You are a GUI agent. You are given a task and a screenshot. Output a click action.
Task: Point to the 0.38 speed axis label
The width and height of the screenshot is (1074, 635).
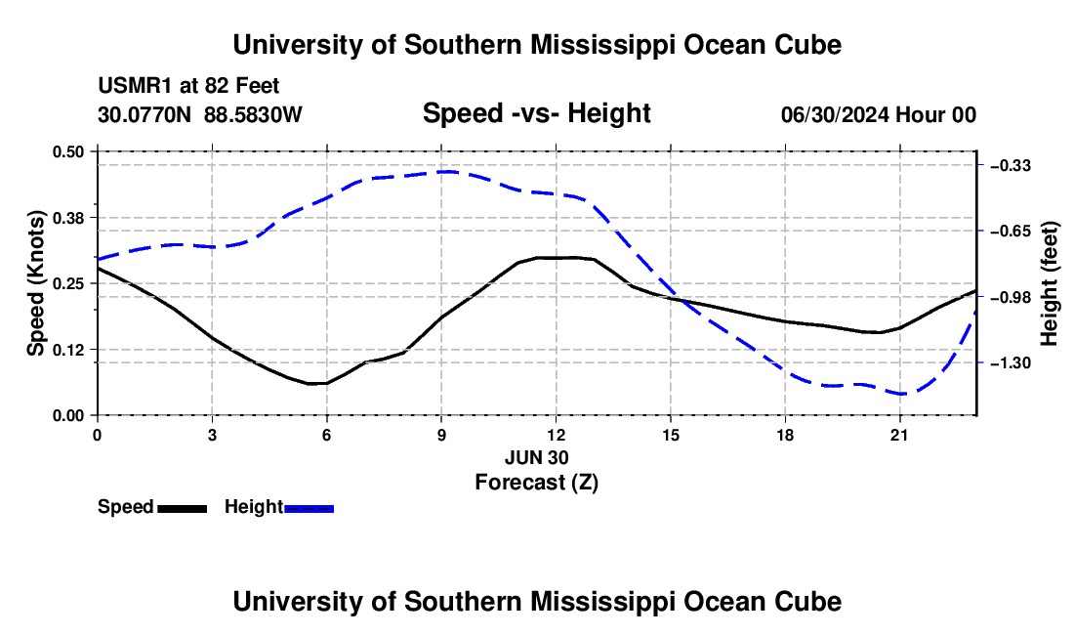click(x=67, y=218)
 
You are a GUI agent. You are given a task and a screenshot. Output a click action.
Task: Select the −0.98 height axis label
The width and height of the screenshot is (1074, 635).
click(x=1011, y=297)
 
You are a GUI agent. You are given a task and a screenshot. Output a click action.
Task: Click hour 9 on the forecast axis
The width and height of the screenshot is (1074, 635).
click(x=441, y=435)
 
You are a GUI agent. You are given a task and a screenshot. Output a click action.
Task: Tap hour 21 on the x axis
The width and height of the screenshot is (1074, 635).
click(x=899, y=435)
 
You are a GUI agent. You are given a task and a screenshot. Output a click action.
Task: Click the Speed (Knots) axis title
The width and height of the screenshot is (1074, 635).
click(x=35, y=283)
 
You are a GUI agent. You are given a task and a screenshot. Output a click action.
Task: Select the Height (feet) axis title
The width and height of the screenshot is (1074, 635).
click(x=1049, y=283)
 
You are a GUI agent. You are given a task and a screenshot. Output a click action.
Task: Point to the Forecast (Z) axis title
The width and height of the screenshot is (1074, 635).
click(x=536, y=483)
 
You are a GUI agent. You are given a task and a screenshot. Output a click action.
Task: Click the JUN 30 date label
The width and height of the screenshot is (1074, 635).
click(x=536, y=457)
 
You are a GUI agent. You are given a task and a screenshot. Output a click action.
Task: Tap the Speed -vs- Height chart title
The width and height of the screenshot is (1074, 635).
click(x=536, y=113)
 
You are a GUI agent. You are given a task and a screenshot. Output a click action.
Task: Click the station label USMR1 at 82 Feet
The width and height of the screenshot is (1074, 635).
click(x=188, y=86)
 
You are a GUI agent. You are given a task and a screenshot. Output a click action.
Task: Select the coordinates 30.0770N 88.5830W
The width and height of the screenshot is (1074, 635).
click(x=199, y=114)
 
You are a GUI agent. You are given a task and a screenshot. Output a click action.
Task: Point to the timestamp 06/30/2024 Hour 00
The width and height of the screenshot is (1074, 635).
click(x=878, y=114)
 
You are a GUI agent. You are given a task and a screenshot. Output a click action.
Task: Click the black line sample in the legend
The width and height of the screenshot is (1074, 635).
click(x=183, y=509)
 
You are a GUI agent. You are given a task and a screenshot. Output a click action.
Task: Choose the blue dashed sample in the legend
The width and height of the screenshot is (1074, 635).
click(x=309, y=509)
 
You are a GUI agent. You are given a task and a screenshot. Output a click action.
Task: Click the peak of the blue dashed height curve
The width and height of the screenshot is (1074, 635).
click(x=446, y=172)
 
